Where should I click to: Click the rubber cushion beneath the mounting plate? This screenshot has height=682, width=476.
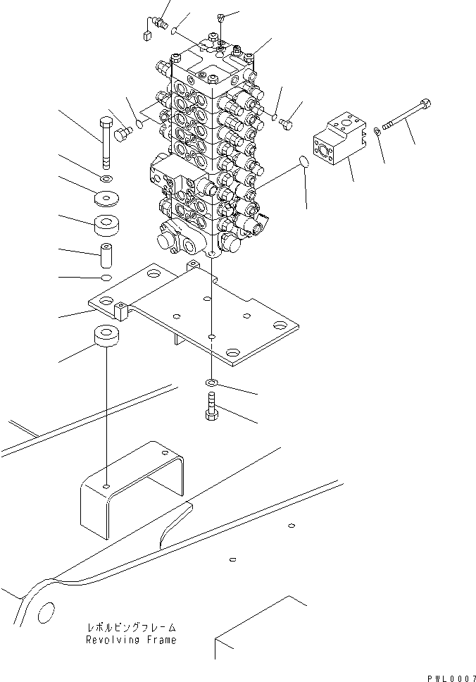pos(106,337)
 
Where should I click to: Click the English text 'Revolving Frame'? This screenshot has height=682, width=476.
pos(131,640)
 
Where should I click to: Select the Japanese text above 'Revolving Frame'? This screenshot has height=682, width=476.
pos(131,627)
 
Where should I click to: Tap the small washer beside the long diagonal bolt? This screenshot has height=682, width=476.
pos(379,133)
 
